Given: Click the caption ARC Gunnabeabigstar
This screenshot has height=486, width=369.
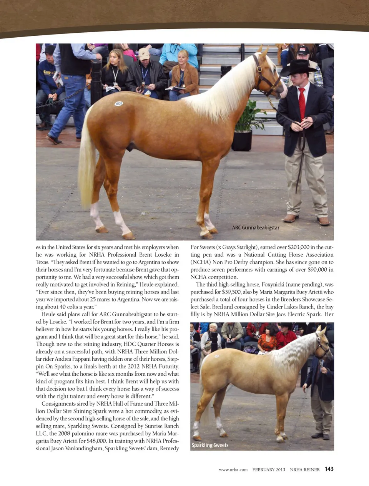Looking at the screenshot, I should click(256, 227).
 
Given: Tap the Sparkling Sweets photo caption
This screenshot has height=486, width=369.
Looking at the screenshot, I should click(210, 445).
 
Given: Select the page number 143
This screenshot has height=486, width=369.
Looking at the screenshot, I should click(329, 469).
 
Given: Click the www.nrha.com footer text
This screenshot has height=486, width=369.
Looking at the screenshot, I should click(233, 469).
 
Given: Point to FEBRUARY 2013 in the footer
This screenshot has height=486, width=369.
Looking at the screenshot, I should click(269, 469).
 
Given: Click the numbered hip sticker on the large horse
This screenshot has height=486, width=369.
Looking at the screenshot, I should click(119, 103).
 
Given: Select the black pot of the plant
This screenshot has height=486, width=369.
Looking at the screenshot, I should click(242, 140).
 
